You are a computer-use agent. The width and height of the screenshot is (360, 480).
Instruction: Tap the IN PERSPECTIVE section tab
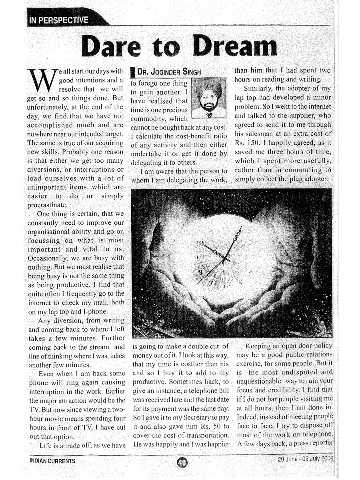[x=58, y=19]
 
